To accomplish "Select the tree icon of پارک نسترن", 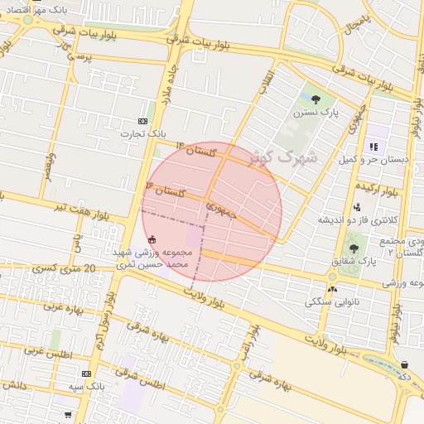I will pos(316,99).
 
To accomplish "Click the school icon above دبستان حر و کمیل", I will pos(373,146).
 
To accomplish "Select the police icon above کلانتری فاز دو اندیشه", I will pos(357,207).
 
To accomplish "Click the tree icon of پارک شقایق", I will pos(354,248).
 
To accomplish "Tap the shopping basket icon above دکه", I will pos(404,364).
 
